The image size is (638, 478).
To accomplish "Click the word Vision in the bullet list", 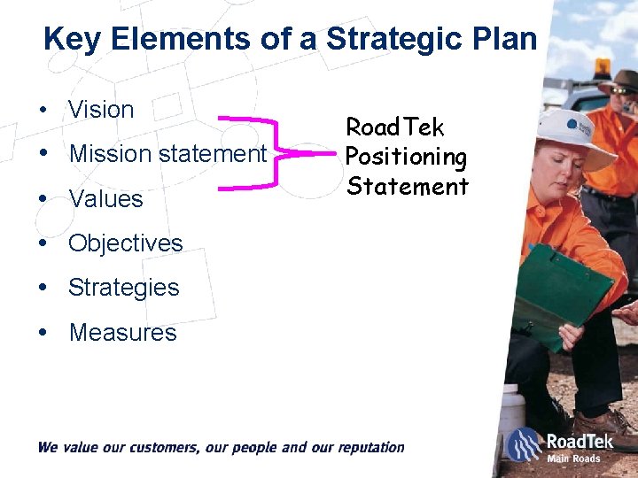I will coord(101,111).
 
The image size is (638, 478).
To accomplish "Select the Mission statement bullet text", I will coord(167,154).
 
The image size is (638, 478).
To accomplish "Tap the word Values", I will coord(105,199).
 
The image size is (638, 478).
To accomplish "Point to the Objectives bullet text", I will coord(125,243).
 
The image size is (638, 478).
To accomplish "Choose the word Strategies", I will coord(123,288).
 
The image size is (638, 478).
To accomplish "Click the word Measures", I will coord(122,333).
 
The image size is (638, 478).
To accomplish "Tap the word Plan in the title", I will coord(507,39).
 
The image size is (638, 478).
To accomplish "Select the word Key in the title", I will coord(73,39).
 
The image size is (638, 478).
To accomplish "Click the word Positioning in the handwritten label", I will coord(406,158).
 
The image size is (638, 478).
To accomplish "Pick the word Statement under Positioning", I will coord(407,187).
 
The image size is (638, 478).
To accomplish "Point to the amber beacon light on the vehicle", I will coord(603,68).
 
